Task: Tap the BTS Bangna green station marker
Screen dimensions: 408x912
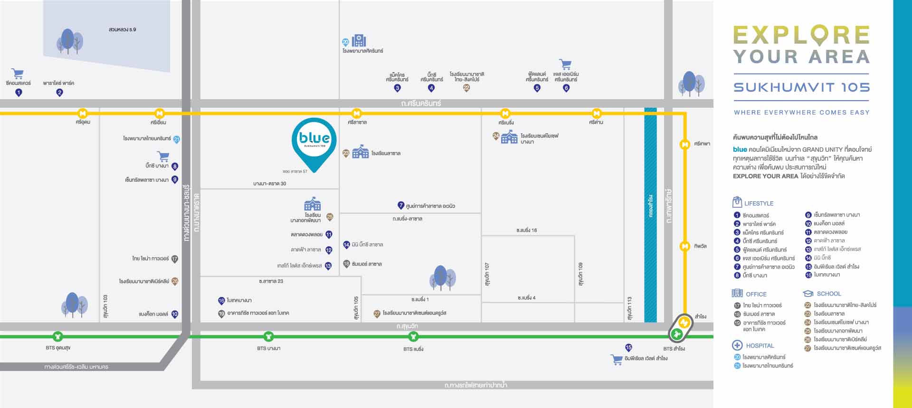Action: click(269, 336)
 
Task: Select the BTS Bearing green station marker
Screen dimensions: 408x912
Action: click(414, 336)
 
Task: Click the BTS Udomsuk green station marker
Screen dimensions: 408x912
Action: click(58, 336)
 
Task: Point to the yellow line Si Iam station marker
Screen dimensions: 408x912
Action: click(159, 113)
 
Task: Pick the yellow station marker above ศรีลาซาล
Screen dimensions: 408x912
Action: click(357, 113)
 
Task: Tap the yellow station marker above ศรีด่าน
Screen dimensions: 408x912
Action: click(597, 113)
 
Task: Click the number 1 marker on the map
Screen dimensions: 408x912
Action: click(19, 93)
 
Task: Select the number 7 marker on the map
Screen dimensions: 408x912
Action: click(401, 205)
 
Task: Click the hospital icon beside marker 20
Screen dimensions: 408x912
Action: click(359, 40)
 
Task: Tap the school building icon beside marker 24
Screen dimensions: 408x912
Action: click(509, 137)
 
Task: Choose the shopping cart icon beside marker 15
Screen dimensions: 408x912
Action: click(617, 360)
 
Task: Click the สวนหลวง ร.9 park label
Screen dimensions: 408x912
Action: click(123, 29)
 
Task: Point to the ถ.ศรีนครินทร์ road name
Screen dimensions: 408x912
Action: click(421, 103)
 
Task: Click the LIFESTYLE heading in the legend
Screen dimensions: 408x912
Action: click(759, 204)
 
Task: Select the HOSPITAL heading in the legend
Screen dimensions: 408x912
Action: click(760, 346)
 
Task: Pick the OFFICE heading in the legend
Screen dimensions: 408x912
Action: click(756, 294)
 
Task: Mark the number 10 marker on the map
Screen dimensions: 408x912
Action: click(175, 314)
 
